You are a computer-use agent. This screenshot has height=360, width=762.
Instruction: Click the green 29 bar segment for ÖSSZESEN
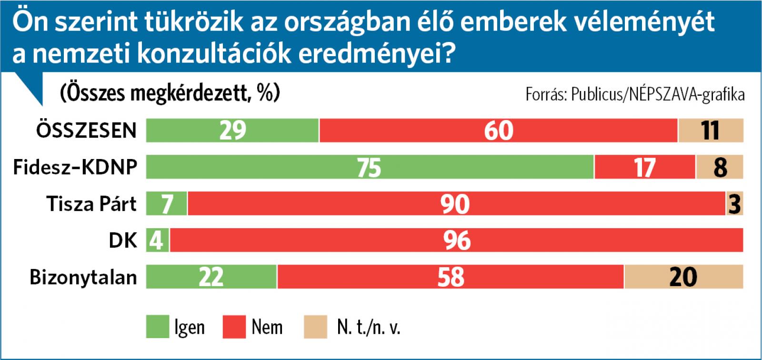click(232, 130)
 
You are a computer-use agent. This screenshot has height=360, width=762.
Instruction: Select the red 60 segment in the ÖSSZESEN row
click(498, 130)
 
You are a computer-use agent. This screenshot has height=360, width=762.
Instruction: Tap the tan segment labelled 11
click(711, 130)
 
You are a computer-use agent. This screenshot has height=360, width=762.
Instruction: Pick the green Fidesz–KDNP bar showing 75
click(370, 167)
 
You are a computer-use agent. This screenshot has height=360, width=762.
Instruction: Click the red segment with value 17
click(645, 167)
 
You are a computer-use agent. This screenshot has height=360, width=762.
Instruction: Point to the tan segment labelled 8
click(720, 167)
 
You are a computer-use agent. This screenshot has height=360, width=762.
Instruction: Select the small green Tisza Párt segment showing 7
click(167, 204)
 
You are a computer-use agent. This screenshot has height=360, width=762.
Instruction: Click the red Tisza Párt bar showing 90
click(456, 204)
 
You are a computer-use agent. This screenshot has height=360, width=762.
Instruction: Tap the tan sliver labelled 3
click(735, 204)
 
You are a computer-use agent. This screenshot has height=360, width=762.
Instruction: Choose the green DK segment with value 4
click(157, 240)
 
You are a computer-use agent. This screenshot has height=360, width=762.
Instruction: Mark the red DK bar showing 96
click(456, 240)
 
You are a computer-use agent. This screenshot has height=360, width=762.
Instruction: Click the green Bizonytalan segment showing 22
click(211, 277)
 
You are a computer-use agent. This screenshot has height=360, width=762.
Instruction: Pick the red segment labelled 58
click(451, 277)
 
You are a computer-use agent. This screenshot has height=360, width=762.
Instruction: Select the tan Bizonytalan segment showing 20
click(683, 277)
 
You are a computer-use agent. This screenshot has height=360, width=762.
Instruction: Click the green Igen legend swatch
click(157, 327)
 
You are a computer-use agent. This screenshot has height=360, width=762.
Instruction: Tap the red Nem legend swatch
click(234, 327)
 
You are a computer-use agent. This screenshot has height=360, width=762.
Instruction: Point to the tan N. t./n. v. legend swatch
click(315, 327)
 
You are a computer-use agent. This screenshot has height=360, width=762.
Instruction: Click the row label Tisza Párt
click(91, 204)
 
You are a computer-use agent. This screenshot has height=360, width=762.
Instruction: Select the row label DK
click(123, 240)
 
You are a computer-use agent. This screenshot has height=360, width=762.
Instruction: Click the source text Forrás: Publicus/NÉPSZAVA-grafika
click(635, 94)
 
